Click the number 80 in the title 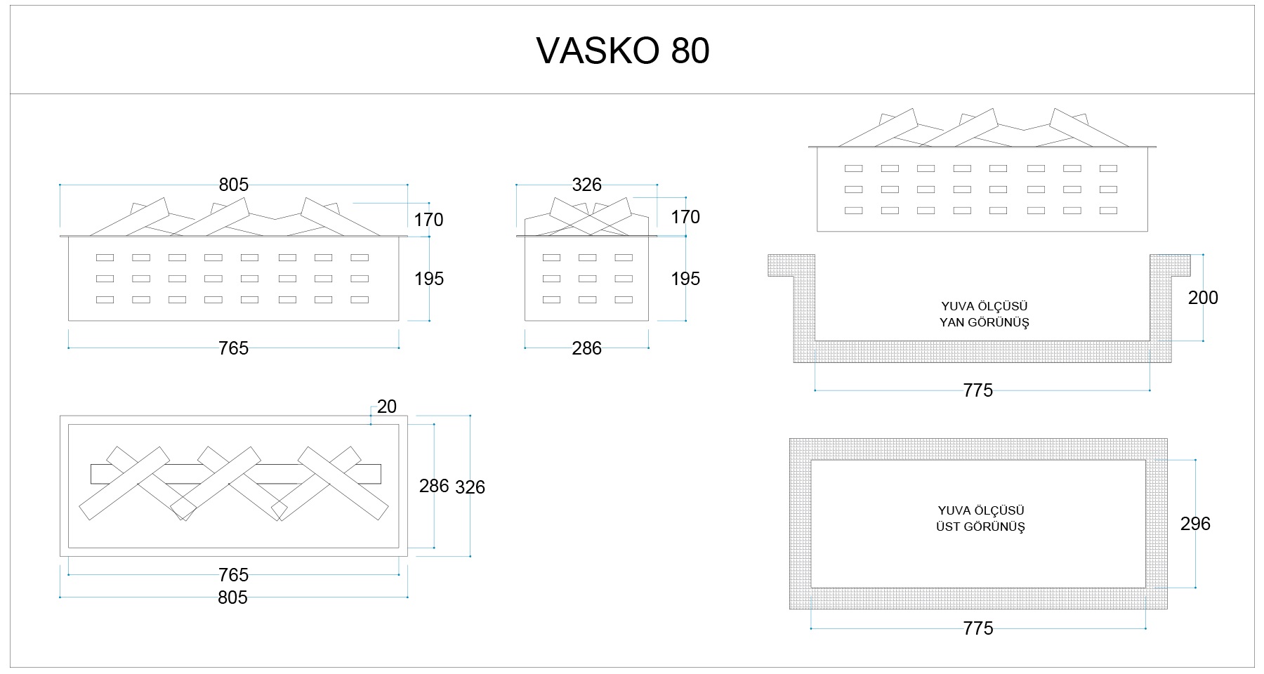(690, 51)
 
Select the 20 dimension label (387, 407)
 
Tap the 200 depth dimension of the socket (1203, 298)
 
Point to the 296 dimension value (1195, 524)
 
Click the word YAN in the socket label (952, 322)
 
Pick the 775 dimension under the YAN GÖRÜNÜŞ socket (978, 390)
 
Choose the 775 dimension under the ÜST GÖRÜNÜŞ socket (978, 628)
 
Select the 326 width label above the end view (586, 185)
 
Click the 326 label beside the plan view (470, 487)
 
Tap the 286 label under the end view (586, 348)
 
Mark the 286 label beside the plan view (434, 486)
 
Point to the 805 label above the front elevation (233, 185)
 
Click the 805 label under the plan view (232, 597)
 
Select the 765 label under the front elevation (233, 348)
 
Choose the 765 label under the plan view (233, 575)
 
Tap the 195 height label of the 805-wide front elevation (429, 279)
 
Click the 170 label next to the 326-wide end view (685, 217)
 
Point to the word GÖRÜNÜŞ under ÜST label (996, 527)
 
